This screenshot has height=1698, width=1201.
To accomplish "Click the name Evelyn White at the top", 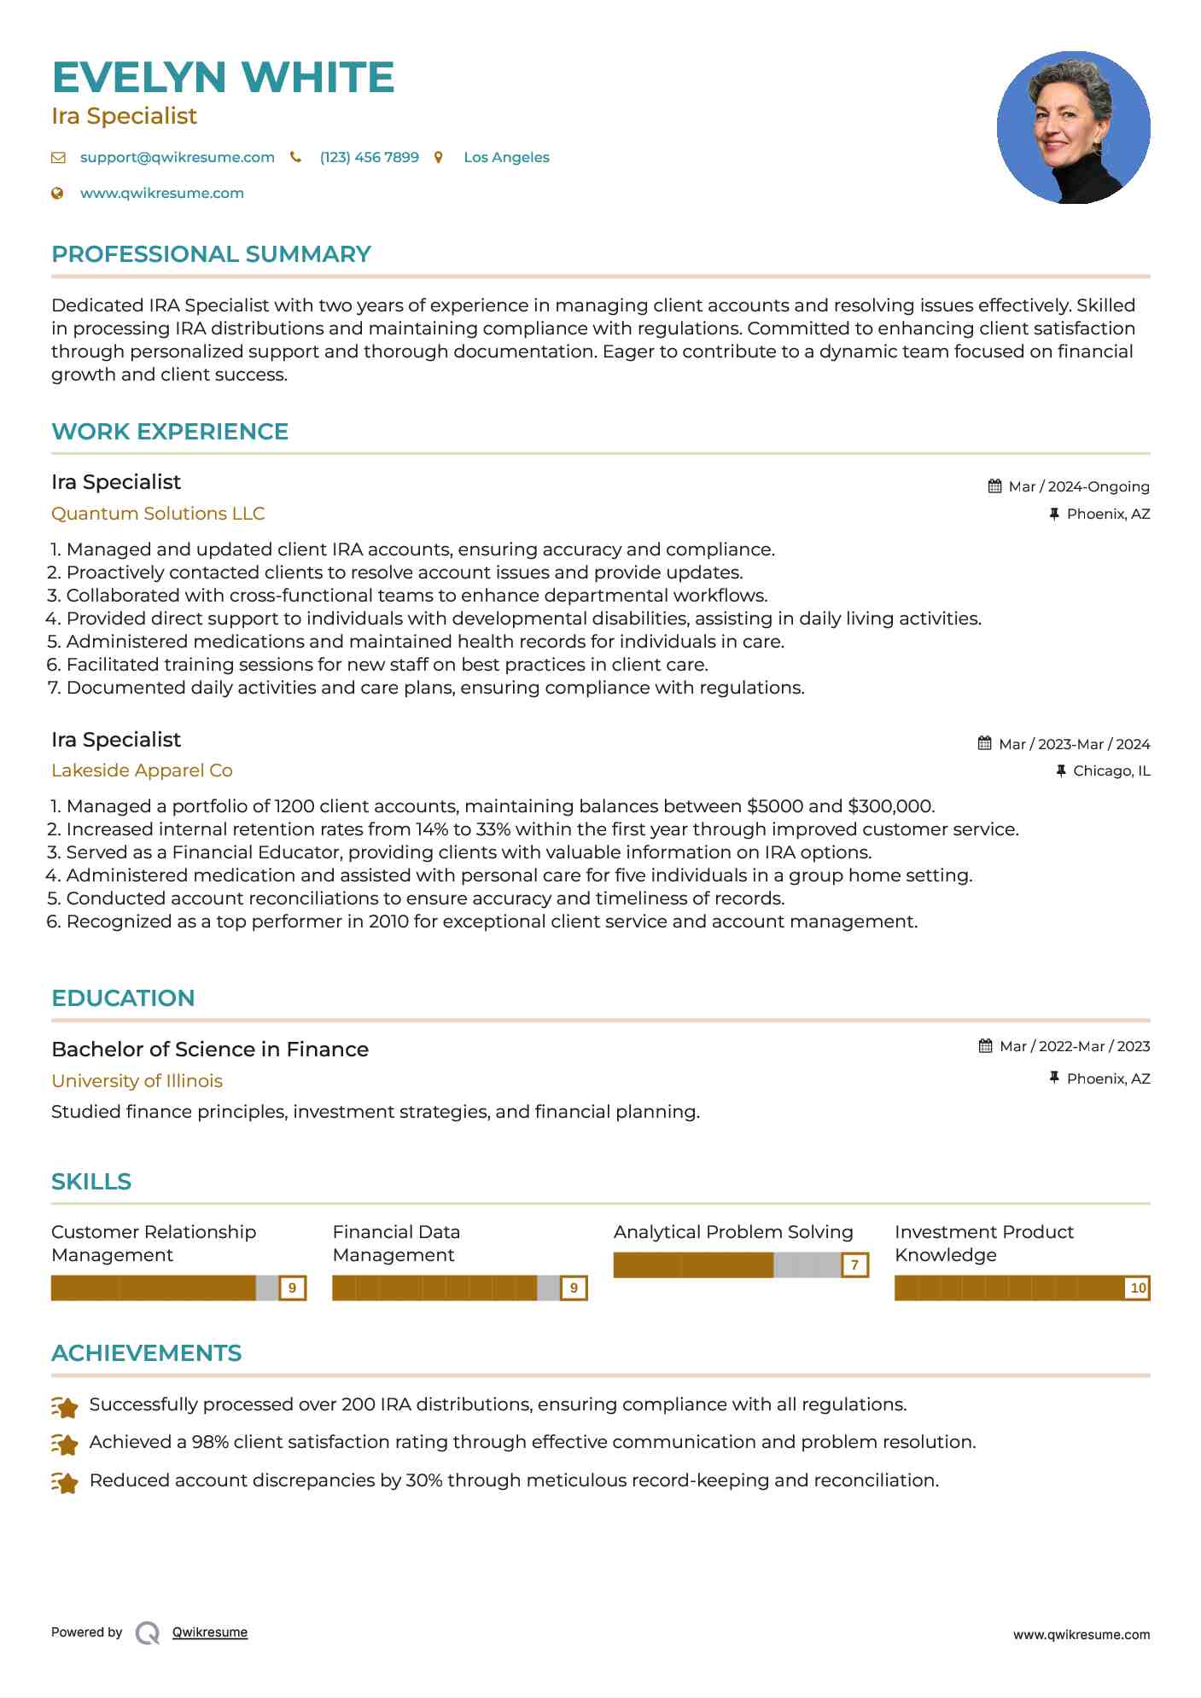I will pos(223,78).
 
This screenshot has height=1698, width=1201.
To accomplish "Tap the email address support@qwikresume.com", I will pos(177,158).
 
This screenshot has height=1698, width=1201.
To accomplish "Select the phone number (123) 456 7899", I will pos(369,158).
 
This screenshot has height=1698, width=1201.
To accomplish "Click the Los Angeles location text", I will pos(506,158).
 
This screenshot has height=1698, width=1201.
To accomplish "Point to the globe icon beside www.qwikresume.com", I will pos(58,194).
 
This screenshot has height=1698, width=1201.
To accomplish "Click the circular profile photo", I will pos(1073,128).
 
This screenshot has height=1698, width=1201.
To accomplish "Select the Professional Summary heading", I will pos(211,254).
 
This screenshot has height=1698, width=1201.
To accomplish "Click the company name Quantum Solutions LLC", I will pos(158,514).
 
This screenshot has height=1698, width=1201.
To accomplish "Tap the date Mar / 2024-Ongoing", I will pos(1078,487).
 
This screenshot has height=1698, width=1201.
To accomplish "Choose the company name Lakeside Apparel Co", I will pos(142,770).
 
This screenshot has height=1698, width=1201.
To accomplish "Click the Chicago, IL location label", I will pos(1111,771).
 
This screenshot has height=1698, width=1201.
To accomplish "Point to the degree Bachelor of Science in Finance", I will pos(210,1050).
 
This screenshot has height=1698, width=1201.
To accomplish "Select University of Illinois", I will pos(137,1081).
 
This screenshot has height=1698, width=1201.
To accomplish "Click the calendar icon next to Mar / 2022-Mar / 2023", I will pos(985,1046).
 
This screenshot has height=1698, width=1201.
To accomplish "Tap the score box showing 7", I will pos(854,1265).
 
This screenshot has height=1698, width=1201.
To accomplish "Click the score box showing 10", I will pos(1138,1288).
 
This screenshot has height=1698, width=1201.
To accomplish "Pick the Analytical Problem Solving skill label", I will pos(733,1232).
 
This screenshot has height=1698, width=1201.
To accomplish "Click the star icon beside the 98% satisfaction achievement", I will pos(65,1444).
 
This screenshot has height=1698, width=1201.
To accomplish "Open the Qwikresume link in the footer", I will pos(209,1632).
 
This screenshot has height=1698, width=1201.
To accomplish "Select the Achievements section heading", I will pos(146,1353).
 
